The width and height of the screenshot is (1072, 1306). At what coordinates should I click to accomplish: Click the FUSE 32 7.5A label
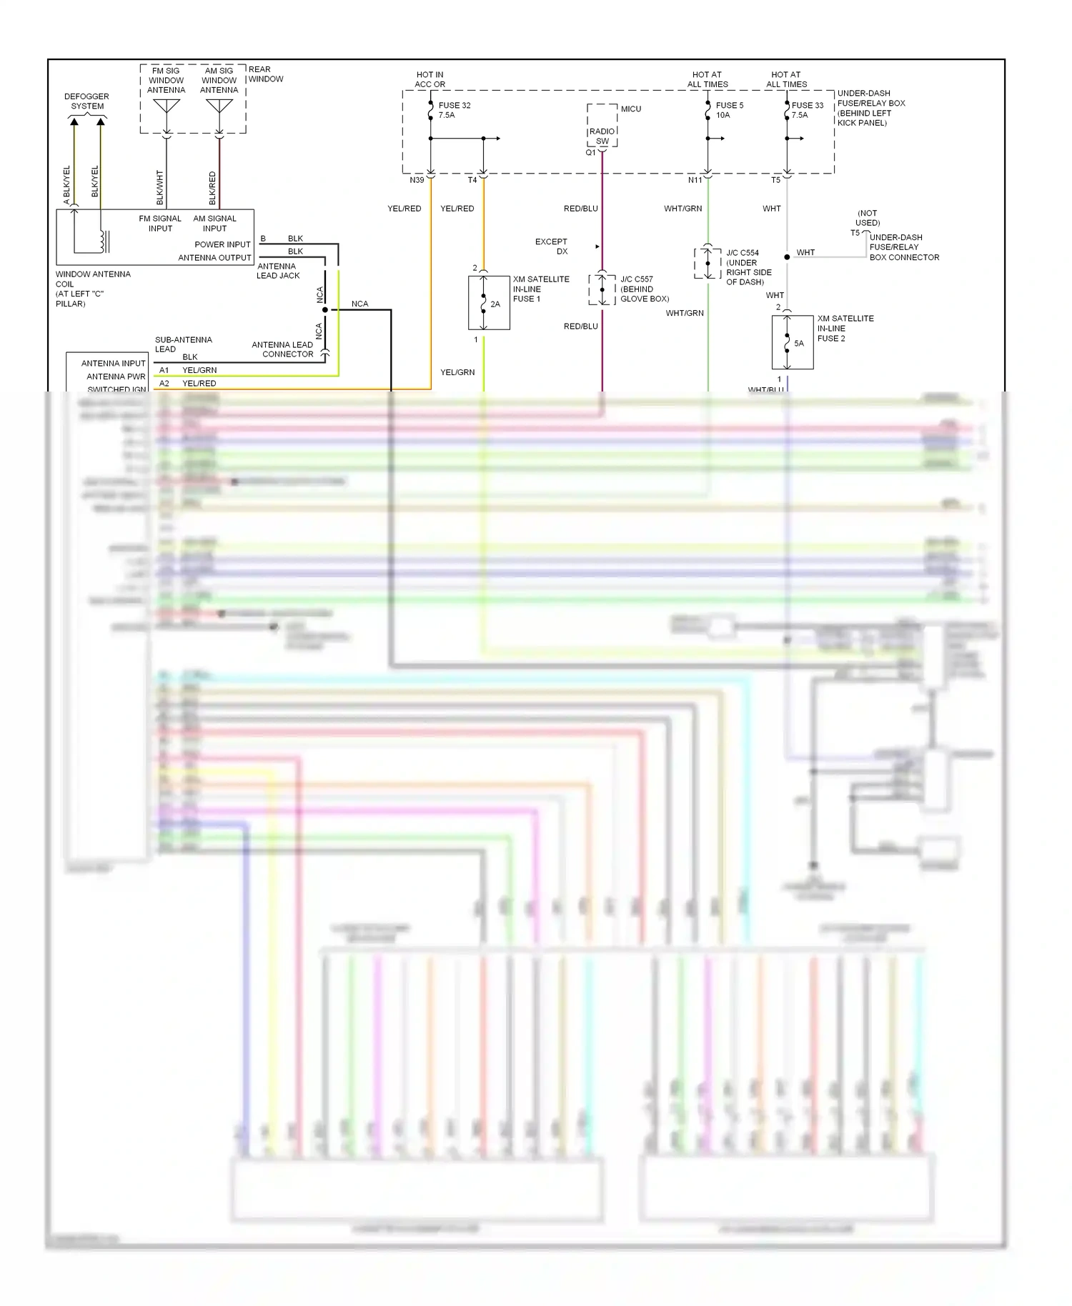(x=454, y=110)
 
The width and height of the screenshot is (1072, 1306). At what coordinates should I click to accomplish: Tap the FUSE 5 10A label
(x=729, y=110)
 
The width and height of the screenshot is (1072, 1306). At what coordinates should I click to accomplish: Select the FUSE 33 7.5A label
(x=807, y=110)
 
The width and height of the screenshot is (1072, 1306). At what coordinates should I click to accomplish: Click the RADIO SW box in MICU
(x=602, y=135)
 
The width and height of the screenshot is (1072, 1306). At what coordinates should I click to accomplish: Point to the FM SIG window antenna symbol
(x=167, y=107)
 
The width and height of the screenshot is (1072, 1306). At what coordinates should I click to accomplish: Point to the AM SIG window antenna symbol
(x=219, y=107)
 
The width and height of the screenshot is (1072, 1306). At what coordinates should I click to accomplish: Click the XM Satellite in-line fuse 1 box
(x=489, y=303)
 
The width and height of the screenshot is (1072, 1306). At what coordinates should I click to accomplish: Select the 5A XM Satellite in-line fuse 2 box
(x=793, y=342)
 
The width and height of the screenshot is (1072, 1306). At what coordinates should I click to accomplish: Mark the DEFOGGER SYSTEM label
(x=86, y=101)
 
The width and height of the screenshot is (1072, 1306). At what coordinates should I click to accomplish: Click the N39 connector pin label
(x=417, y=180)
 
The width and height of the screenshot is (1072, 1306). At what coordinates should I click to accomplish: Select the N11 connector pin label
(x=695, y=180)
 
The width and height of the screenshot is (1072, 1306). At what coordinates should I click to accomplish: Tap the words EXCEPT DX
(x=552, y=246)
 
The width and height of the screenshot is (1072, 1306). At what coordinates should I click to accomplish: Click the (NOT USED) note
(x=867, y=218)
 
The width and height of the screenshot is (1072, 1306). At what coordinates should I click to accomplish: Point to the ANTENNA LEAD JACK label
(x=278, y=271)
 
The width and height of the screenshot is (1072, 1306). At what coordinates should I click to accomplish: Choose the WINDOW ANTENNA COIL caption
(x=93, y=289)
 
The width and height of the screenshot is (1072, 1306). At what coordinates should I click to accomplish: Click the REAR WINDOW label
(x=265, y=74)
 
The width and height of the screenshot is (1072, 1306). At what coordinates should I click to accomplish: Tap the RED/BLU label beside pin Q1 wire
(x=580, y=209)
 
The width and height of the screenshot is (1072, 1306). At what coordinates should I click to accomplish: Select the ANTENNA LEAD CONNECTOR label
(x=282, y=349)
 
